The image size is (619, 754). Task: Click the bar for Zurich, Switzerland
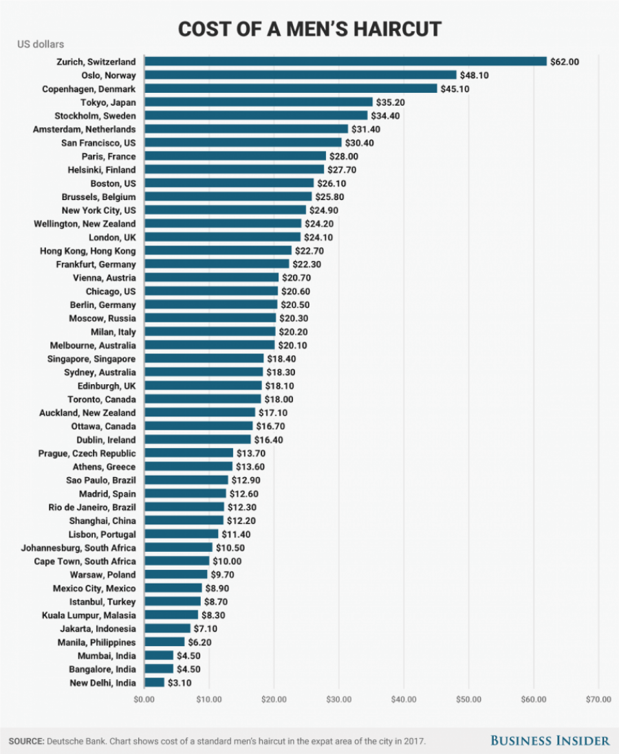pos(345,61)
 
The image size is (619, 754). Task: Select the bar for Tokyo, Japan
pos(258,102)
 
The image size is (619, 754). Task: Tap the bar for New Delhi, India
pos(154,683)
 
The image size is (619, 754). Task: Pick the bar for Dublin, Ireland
pos(197,439)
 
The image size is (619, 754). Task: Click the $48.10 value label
pos(474,75)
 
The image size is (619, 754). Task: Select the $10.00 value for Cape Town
pos(226,561)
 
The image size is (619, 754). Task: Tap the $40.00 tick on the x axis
pos(404,700)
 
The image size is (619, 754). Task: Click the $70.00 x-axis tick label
pos(598,700)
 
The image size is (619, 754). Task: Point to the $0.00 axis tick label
pos(144,700)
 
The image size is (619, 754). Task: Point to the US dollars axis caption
pos(41,45)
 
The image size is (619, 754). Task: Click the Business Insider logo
pos(550,740)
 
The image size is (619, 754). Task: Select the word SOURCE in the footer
pos(25,741)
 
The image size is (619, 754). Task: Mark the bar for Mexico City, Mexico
pos(173,588)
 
